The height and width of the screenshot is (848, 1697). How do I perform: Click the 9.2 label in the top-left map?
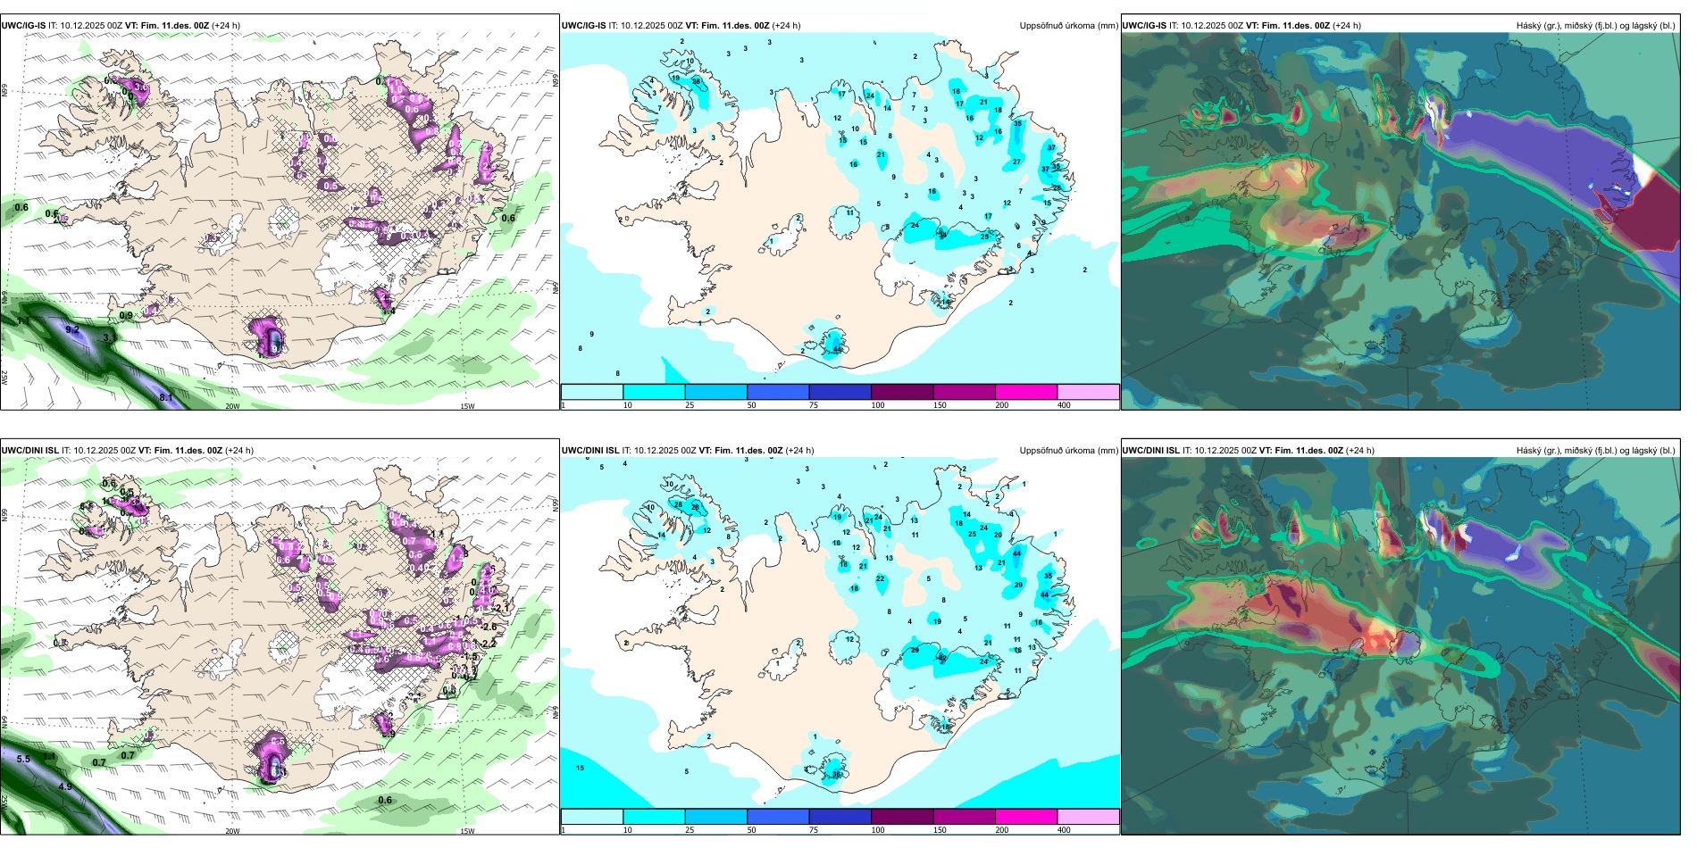(x=72, y=329)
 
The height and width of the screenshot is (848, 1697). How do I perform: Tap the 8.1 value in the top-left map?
(x=166, y=397)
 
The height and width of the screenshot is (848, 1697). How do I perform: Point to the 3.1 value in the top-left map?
(x=109, y=338)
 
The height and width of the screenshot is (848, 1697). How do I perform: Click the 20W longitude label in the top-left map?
(x=232, y=406)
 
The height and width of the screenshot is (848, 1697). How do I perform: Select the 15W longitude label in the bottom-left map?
(x=467, y=831)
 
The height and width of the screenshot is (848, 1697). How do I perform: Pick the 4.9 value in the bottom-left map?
(x=65, y=786)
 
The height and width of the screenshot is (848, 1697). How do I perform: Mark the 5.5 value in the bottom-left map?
(x=23, y=759)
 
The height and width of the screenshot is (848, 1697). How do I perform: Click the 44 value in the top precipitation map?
(x=838, y=350)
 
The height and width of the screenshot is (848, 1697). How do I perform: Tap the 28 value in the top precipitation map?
(x=696, y=82)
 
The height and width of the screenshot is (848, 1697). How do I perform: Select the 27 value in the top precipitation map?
(x=1016, y=162)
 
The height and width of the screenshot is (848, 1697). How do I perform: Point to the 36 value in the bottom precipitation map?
(x=837, y=775)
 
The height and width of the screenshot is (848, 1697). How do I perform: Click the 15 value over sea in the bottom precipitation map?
(x=581, y=768)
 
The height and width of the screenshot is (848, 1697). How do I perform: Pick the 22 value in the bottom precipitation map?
(x=881, y=578)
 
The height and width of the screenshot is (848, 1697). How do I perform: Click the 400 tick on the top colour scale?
(x=1064, y=405)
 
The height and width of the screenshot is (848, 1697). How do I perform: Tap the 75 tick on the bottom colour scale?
(x=814, y=830)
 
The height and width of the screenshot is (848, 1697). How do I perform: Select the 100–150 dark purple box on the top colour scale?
(x=902, y=392)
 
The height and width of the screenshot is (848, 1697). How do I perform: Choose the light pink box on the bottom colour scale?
(x=1088, y=817)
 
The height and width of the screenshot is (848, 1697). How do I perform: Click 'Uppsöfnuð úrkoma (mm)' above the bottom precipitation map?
(x=1068, y=451)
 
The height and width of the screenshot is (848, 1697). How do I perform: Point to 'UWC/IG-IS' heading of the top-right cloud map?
(x=1144, y=26)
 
